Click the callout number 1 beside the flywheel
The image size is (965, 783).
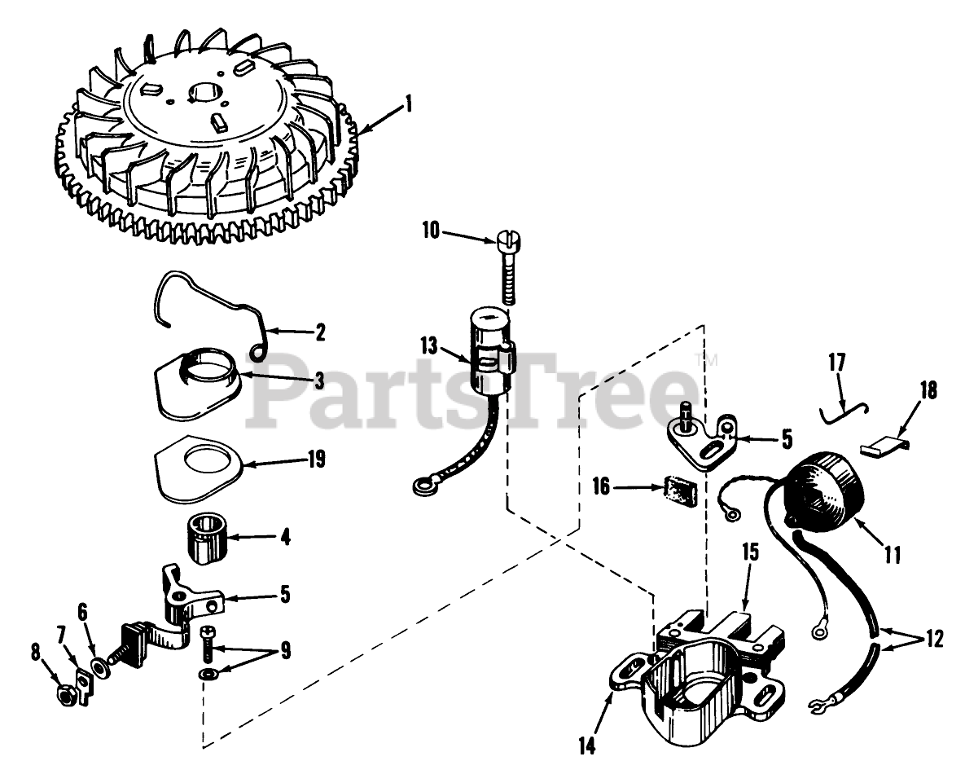[409, 103]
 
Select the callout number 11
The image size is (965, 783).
[893, 556]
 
